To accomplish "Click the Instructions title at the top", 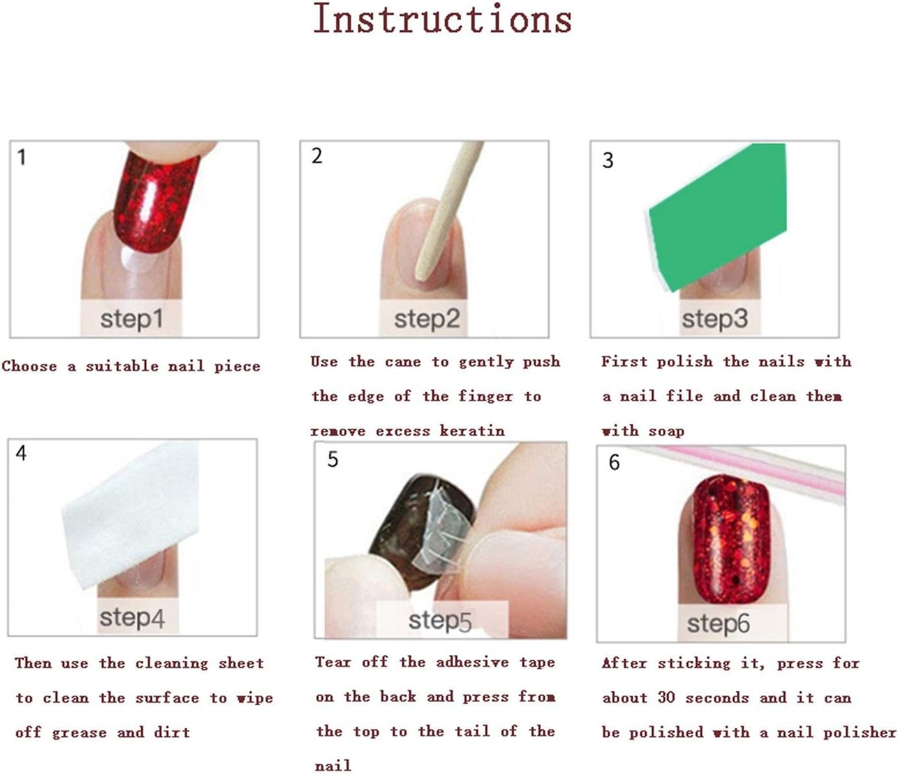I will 442,19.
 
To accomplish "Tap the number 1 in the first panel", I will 21,157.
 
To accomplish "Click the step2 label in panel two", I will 427,319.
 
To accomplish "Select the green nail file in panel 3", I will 714,214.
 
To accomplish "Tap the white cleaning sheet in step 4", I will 130,513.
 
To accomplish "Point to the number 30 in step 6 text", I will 666,697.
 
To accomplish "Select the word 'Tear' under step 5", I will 333,662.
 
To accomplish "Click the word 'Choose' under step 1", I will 29,366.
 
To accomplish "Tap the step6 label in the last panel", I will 718,624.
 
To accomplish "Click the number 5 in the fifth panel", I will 332,460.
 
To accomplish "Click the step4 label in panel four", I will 132,618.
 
